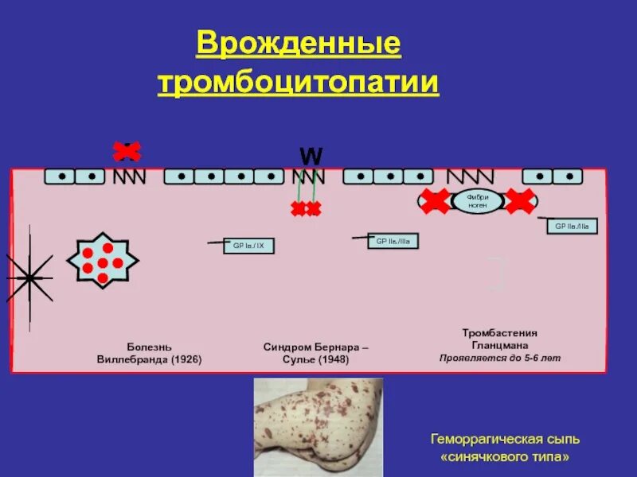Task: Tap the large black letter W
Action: pos(311,156)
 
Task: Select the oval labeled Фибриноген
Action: pos(477,201)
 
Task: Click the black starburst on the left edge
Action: pos(29,277)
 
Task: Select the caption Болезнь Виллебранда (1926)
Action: pos(149,353)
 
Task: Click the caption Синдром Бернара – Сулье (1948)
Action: pos(316,353)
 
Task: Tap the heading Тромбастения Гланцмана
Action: pos(500,339)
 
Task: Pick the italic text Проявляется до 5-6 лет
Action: pos(500,358)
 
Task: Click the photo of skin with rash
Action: pos(318,425)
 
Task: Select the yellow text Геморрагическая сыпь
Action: pos(505,439)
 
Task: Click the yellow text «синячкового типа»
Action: pos(505,458)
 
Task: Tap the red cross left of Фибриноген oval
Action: pos(435,202)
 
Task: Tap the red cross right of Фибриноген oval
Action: pos(519,202)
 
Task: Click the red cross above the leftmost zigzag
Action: pos(127,150)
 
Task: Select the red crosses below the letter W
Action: pos(306,209)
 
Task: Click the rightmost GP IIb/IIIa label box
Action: pos(572,227)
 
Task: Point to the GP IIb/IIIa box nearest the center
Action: pos(393,240)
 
